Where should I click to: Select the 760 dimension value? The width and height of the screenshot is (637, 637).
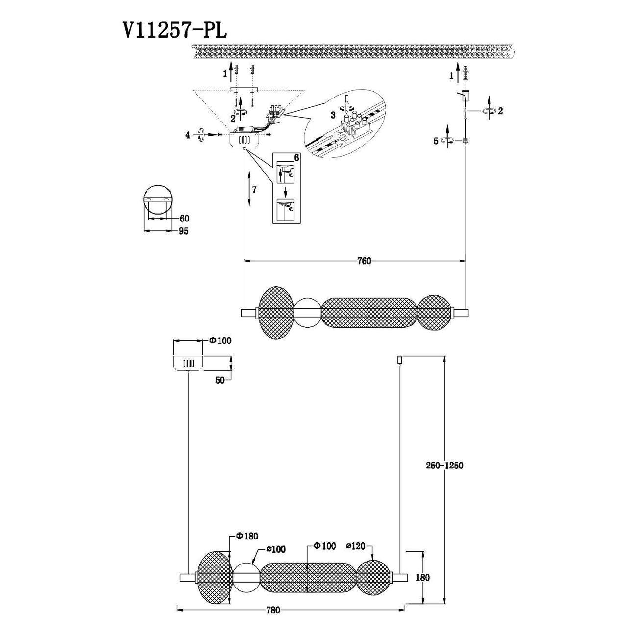[x=364, y=261]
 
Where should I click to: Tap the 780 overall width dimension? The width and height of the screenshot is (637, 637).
[x=273, y=611]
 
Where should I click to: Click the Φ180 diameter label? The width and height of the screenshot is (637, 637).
[x=247, y=537]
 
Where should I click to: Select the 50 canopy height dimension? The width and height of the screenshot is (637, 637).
[x=219, y=380]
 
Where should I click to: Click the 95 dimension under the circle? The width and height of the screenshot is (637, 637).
[x=183, y=231]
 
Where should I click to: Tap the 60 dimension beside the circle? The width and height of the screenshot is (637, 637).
[x=184, y=218]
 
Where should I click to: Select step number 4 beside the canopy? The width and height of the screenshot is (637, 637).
[x=187, y=135]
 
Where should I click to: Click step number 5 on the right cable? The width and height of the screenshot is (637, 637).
[x=436, y=141]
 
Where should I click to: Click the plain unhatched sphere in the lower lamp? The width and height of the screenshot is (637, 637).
[x=245, y=577]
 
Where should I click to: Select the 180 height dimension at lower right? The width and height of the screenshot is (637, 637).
[x=422, y=578]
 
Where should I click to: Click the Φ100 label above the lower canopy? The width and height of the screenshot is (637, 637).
[x=220, y=341]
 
